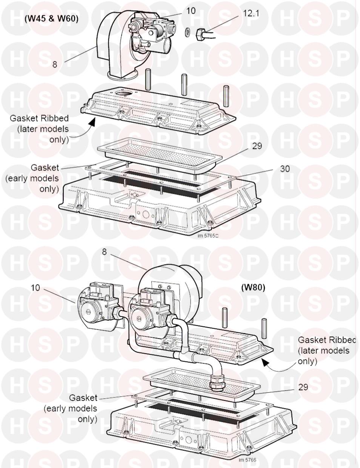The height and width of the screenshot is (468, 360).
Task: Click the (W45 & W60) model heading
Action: (x=51, y=19)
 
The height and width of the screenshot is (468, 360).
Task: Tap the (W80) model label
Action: (x=253, y=287)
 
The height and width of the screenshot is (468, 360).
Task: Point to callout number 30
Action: (x=285, y=168)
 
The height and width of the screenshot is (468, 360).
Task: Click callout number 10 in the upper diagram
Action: (x=191, y=11)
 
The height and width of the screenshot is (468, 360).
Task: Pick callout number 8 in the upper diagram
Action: (x=55, y=64)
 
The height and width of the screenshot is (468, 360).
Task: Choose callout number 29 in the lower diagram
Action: (x=303, y=387)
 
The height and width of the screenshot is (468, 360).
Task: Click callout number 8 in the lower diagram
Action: (x=104, y=252)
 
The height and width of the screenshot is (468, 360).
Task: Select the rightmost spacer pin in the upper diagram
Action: (x=226, y=96)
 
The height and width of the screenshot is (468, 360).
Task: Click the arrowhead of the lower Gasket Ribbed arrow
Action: (x=266, y=363)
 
